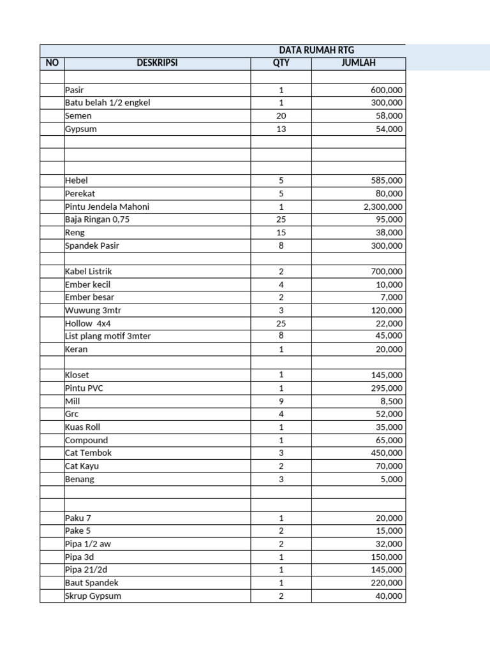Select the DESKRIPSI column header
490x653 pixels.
(x=157, y=63)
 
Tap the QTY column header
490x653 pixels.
(x=281, y=63)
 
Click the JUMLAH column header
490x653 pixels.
(x=358, y=63)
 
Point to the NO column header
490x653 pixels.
(x=52, y=63)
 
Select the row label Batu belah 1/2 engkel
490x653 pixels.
(x=107, y=103)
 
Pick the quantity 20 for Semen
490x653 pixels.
(x=281, y=116)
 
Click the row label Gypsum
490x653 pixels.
(x=80, y=129)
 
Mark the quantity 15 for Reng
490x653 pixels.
(x=281, y=233)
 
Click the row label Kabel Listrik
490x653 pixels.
(x=88, y=272)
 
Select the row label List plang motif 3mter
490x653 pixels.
(x=108, y=336)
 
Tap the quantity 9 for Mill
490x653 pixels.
(x=281, y=401)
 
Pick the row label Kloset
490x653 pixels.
(x=78, y=375)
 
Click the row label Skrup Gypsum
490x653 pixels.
(x=93, y=596)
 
